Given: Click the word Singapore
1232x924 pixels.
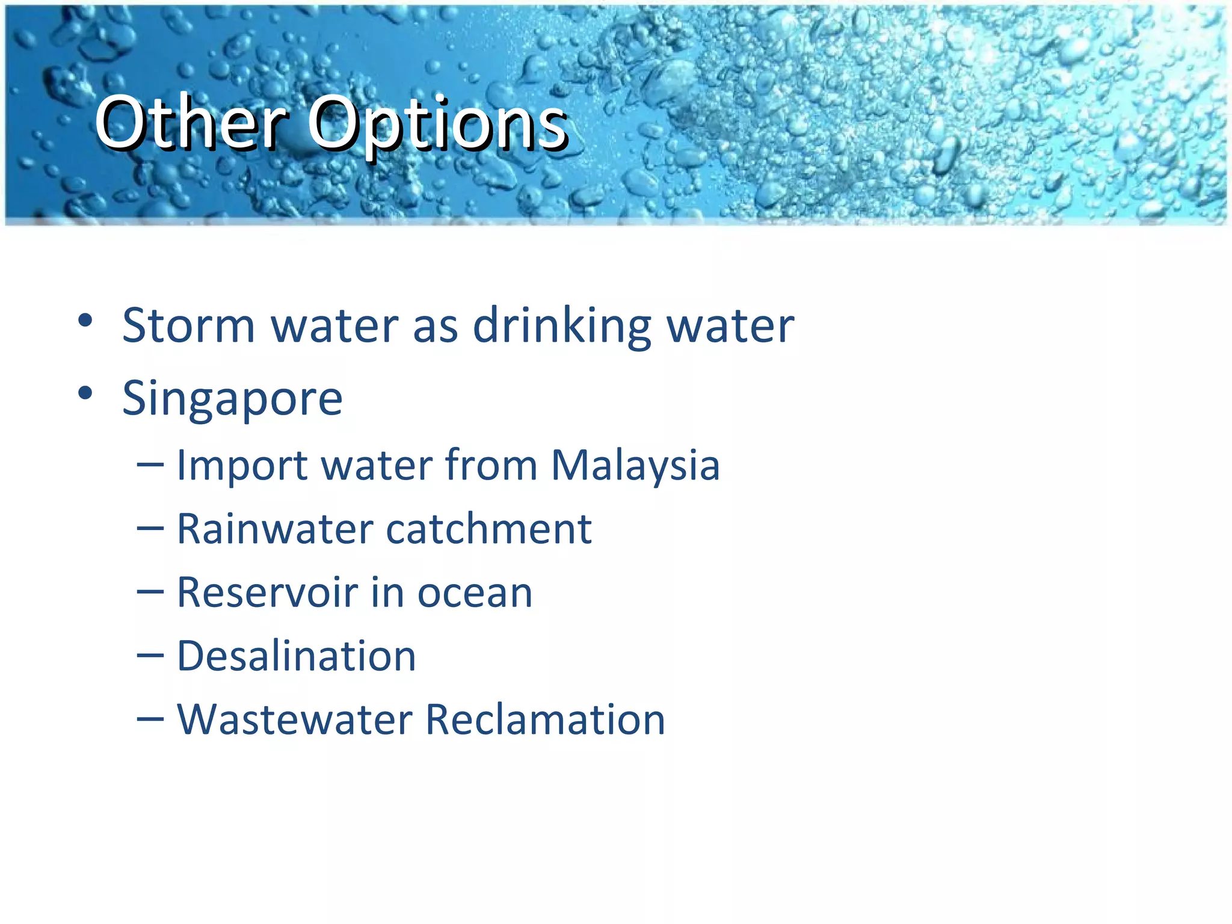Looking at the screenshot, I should point(232,399).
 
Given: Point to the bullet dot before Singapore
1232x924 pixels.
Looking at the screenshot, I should point(85,393).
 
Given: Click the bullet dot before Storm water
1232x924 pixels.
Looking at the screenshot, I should point(85,320).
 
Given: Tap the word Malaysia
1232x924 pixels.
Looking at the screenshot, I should point(635,466).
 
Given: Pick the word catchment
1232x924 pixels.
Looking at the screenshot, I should point(488,529).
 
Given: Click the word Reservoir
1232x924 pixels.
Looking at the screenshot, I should point(267,593).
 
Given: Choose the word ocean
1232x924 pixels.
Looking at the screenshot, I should point(475,594).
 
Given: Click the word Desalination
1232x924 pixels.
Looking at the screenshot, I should point(296,656).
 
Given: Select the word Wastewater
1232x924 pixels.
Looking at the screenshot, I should point(295,719).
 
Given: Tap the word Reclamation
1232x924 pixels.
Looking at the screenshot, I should point(545,719).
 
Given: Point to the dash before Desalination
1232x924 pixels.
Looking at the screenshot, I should point(150,657).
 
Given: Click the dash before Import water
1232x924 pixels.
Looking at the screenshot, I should point(150,466).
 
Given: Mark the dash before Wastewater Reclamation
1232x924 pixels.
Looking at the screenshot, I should point(150,720).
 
